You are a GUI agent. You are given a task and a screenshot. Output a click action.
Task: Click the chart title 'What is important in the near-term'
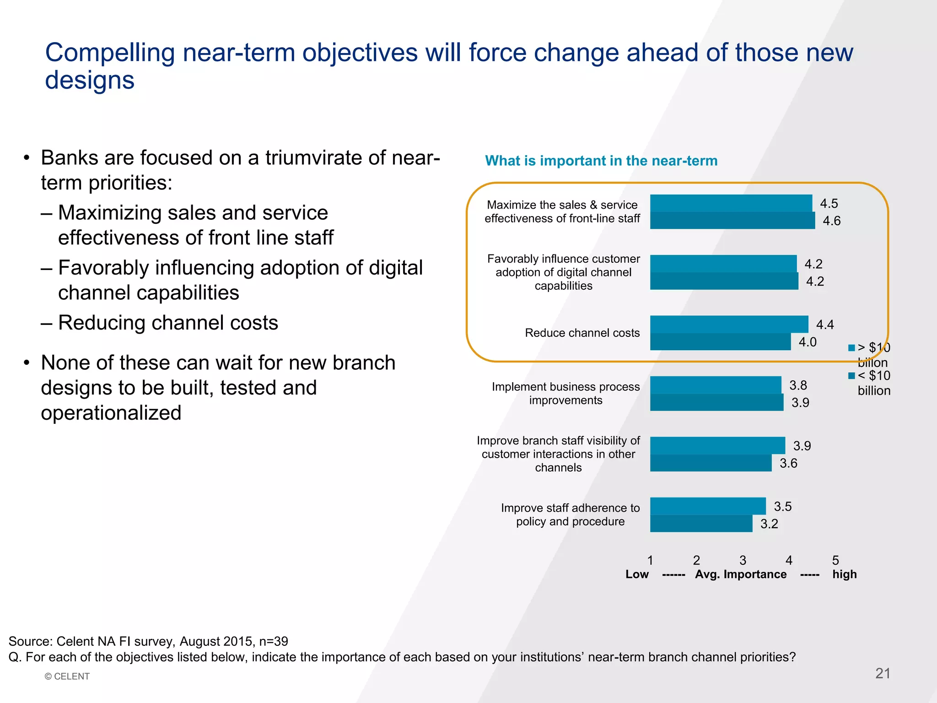pyautogui.click(x=601, y=161)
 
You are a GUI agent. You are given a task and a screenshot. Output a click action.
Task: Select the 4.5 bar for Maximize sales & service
pyautogui.click(x=731, y=203)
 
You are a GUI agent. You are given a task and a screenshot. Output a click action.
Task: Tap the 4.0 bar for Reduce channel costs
pyautogui.click(x=720, y=342)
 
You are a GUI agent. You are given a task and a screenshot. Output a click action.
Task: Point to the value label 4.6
pyautogui.click(x=831, y=221)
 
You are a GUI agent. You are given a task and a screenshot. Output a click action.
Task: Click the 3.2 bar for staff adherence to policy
pyautogui.click(x=701, y=524)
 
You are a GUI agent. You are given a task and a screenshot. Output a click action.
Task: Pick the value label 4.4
pyautogui.click(x=825, y=325)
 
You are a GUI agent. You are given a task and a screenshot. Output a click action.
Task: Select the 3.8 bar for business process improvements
pyautogui.click(x=716, y=385)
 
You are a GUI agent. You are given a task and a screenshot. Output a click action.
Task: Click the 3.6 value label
pyautogui.click(x=788, y=463)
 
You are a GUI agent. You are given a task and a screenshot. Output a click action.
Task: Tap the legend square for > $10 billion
pyautogui.click(x=851, y=348)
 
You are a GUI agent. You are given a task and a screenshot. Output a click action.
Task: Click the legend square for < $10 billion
pyautogui.click(x=851, y=376)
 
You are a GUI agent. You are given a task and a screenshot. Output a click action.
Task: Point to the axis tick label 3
pyautogui.click(x=743, y=560)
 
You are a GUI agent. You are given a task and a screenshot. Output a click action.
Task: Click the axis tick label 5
pyautogui.click(x=835, y=560)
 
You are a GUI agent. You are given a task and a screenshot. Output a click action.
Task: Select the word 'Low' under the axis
pyautogui.click(x=637, y=574)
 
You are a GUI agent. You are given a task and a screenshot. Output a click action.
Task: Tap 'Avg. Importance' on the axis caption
pyautogui.click(x=741, y=574)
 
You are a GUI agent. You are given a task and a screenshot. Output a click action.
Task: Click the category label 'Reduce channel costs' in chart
pyautogui.click(x=582, y=333)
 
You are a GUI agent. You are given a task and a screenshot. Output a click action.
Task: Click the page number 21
pyautogui.click(x=883, y=673)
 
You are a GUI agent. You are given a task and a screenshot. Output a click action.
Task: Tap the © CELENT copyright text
pyautogui.click(x=67, y=676)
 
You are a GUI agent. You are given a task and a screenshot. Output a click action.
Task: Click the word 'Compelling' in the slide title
pyautogui.click(x=110, y=53)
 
